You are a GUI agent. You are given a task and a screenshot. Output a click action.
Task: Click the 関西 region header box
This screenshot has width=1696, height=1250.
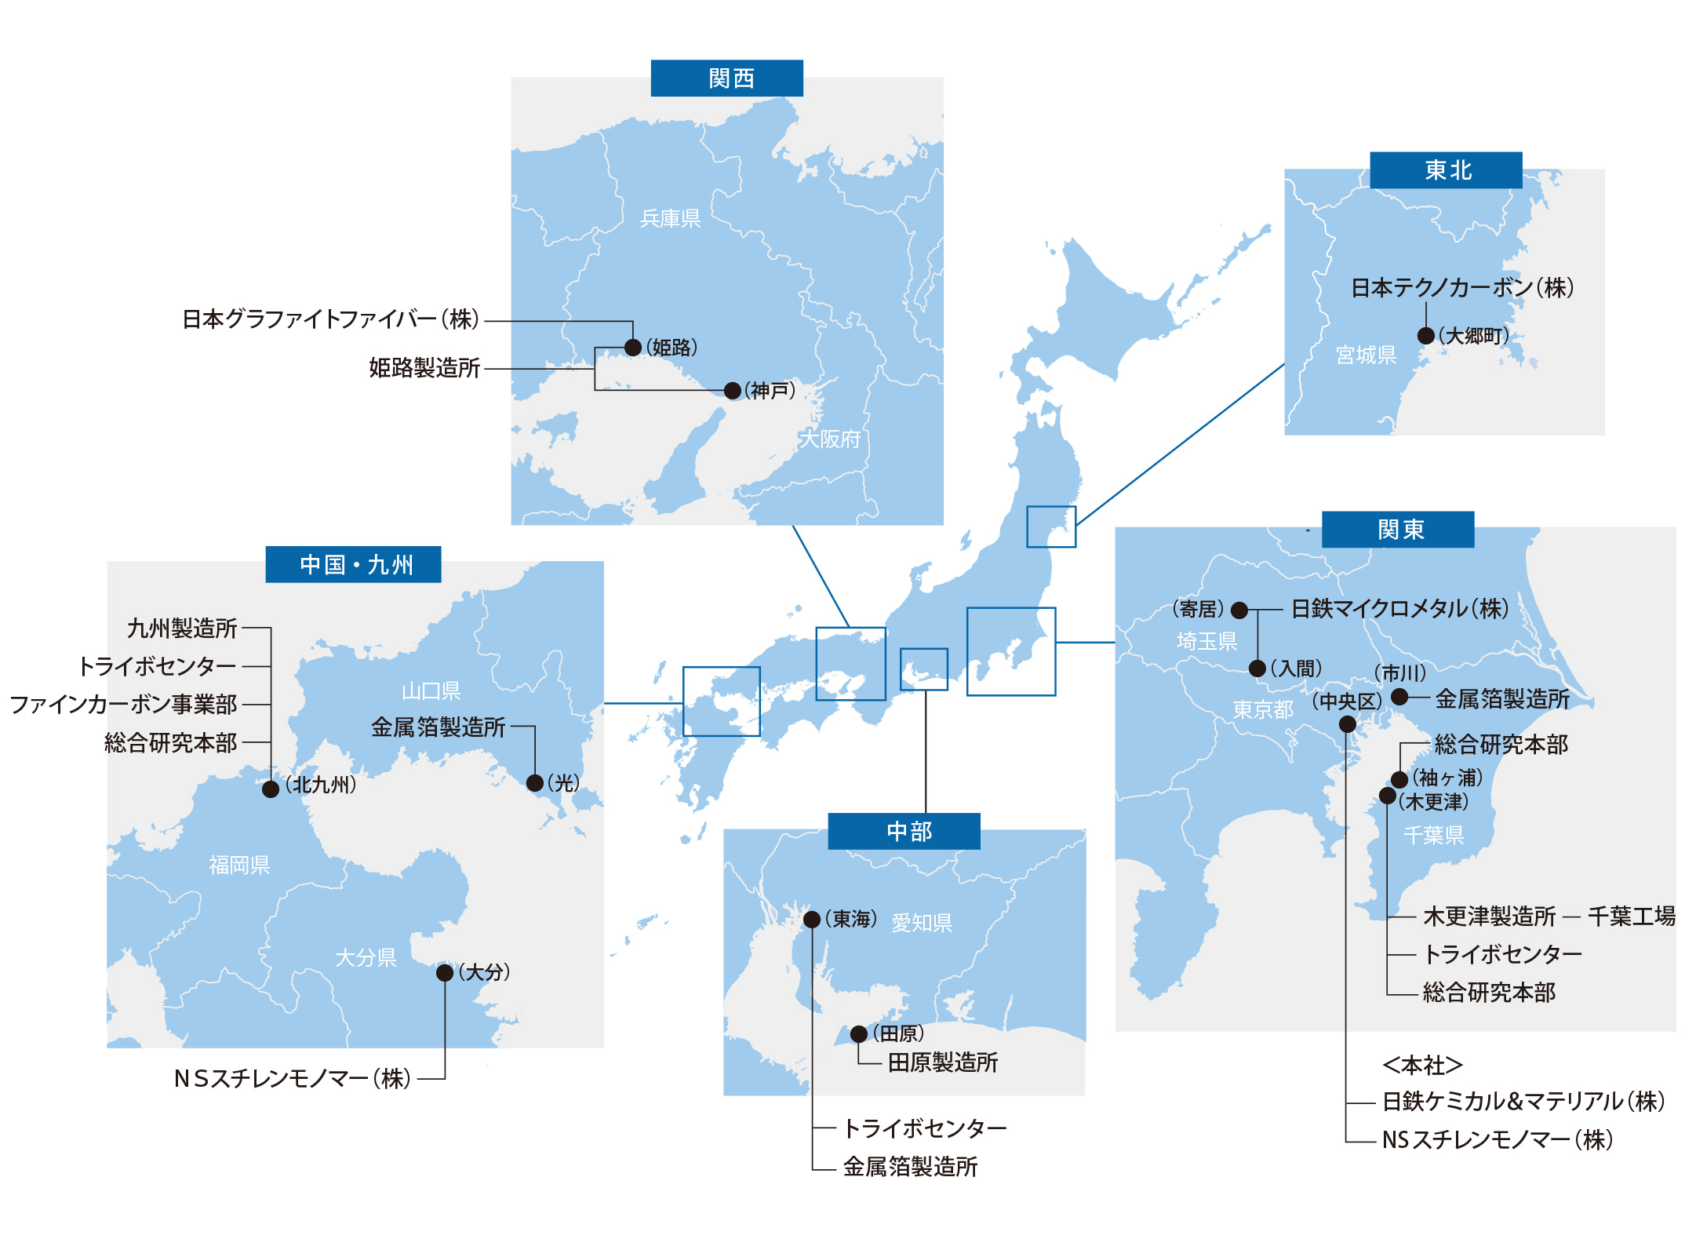pyautogui.click(x=726, y=78)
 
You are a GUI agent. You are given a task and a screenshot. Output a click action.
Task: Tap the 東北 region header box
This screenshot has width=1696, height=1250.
pyautogui.click(x=1445, y=170)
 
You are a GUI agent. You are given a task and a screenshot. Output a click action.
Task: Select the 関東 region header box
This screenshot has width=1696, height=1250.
pyautogui.click(x=1397, y=530)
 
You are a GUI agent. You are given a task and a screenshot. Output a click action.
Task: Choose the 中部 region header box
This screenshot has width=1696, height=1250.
pyautogui.click(x=904, y=831)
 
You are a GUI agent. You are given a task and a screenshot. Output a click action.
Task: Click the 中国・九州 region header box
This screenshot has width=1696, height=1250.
pyautogui.click(x=353, y=564)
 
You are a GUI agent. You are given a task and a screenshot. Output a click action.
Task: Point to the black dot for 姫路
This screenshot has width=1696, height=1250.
pyautogui.click(x=633, y=348)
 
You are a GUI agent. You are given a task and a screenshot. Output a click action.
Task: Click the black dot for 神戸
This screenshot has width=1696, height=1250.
pyautogui.click(x=732, y=391)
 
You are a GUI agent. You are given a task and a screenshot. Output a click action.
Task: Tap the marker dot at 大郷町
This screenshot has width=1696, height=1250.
pyautogui.click(x=1426, y=336)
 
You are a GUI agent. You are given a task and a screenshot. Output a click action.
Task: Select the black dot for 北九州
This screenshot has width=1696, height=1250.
pyautogui.click(x=271, y=789)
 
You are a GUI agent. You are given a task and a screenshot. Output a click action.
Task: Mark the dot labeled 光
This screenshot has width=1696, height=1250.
pyautogui.click(x=535, y=783)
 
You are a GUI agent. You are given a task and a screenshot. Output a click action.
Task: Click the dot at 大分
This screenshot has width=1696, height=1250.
pyautogui.click(x=445, y=973)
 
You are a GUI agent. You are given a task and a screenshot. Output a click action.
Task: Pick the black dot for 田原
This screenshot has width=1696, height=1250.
pyautogui.click(x=859, y=1034)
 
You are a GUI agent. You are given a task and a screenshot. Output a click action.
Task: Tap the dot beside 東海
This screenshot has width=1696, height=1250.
pyautogui.click(x=813, y=920)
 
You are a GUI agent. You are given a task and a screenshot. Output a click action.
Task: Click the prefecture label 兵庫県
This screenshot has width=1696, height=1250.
pyautogui.click(x=670, y=218)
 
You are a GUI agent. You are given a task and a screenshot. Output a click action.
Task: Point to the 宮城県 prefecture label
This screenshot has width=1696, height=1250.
pyautogui.click(x=1366, y=355)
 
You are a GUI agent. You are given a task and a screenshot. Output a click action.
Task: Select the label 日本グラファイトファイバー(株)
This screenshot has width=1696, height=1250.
pyautogui.click(x=330, y=319)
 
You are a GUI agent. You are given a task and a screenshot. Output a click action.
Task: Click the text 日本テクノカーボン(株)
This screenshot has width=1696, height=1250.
pyautogui.click(x=1461, y=288)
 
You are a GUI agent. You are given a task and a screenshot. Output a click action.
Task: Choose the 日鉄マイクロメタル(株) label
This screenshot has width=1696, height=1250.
pyautogui.click(x=1399, y=609)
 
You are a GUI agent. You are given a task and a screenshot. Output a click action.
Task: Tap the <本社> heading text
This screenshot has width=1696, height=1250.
pyautogui.click(x=1421, y=1065)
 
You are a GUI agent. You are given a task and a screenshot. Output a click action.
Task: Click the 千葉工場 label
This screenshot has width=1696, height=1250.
pyautogui.click(x=1631, y=916)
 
